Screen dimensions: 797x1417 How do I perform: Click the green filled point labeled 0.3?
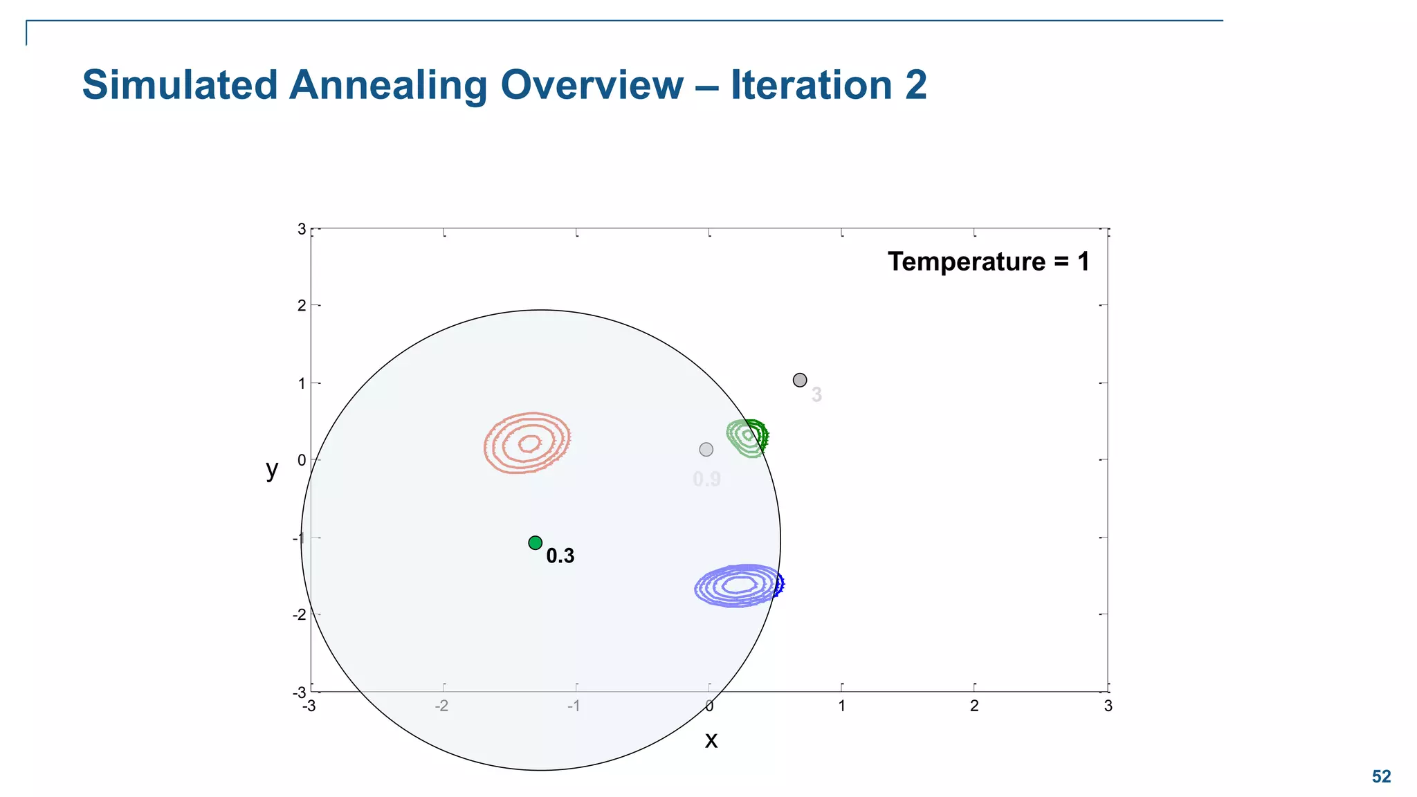pos(535,543)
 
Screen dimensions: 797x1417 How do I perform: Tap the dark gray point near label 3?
pos(800,380)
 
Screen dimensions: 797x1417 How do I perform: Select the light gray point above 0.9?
pos(706,450)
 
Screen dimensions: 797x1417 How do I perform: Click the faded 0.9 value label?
pos(706,479)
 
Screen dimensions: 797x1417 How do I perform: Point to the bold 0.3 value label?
pos(560,556)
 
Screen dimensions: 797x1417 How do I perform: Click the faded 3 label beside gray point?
pos(816,395)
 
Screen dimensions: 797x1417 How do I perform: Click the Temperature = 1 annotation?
pos(988,262)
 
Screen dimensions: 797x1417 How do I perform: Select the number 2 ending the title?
pos(915,85)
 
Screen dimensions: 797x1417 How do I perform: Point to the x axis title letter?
pos(711,740)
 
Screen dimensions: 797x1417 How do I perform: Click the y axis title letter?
pos(272,469)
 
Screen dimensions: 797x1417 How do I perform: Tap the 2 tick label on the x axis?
pos(974,706)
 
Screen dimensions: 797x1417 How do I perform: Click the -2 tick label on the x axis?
pos(441,706)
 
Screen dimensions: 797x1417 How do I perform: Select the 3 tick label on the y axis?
pos(301,229)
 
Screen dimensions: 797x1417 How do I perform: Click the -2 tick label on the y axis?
pos(299,615)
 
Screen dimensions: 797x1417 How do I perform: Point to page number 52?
pos(1381,777)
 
